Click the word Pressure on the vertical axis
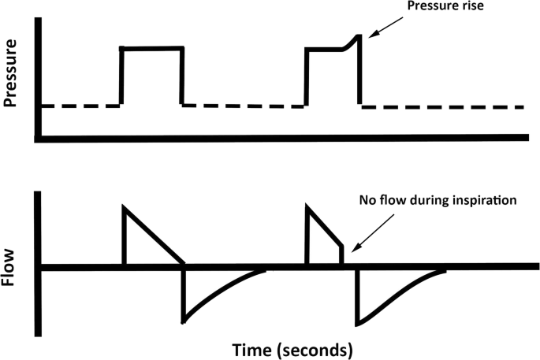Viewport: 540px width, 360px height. coord(12,76)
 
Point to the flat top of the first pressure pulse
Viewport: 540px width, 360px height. coord(151,48)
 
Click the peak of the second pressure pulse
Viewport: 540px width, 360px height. coord(360,35)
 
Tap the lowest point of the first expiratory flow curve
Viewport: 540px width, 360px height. coord(184,320)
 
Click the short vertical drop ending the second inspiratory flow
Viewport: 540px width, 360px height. coord(342,256)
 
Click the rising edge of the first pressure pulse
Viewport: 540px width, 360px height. coord(121,76)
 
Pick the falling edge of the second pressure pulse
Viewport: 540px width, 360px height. coord(360,71)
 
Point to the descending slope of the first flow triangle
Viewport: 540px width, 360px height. coord(154,236)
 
